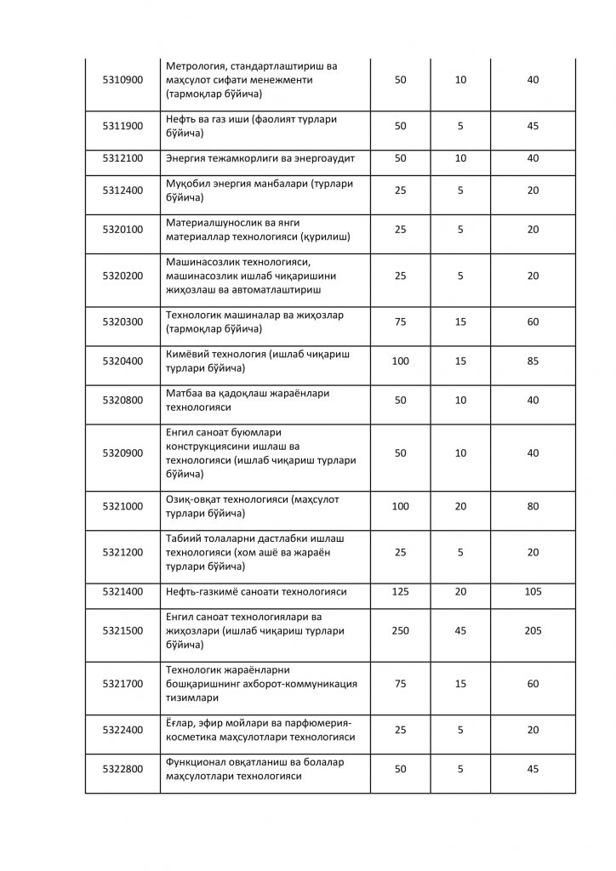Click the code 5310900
pos(123,80)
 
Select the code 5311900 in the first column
pos(123,126)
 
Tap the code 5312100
pos(123,158)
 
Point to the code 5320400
pos(123,361)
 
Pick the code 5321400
pos(123,590)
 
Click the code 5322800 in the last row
pos(123,769)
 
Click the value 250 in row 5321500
pos(400,630)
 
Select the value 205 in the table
pos(533,630)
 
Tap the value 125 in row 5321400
pos(400,590)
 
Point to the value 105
pos(533,590)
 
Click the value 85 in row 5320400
pos(533,361)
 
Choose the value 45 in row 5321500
pos(460,630)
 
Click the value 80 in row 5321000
pos(533,506)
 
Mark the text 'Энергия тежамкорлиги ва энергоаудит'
pos(254,158)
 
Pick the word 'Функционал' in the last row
pos(197,762)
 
